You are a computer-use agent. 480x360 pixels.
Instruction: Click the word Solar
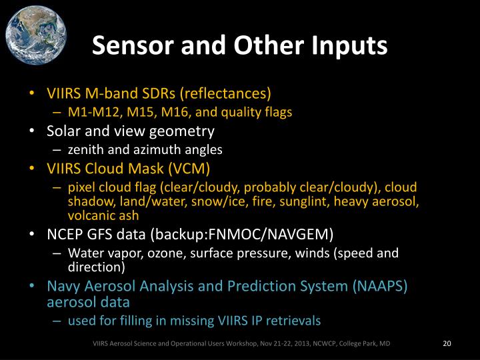point(64,131)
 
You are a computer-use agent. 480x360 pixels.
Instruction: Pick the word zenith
point(85,150)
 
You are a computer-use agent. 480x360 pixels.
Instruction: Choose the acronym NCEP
point(65,234)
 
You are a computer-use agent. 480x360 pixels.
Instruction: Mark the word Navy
point(63,286)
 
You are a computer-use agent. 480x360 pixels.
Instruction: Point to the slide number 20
point(447,344)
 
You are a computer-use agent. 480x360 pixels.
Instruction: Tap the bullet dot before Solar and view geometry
point(33,131)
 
